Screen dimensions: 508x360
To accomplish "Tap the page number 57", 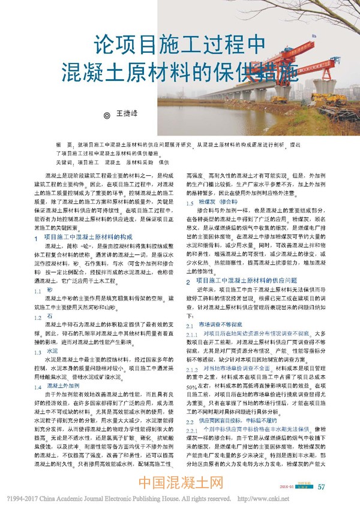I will click(x=322, y=486).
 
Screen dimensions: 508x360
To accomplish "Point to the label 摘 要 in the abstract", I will click(x=64, y=145).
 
